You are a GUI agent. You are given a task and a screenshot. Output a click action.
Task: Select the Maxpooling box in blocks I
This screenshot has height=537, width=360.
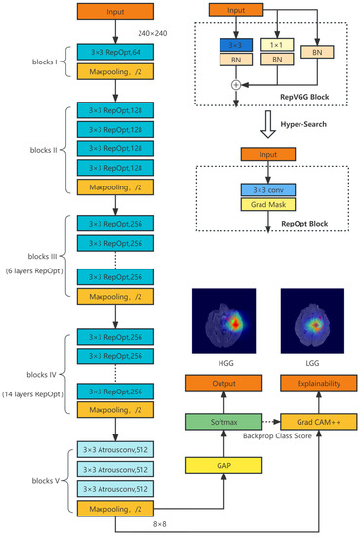coord(114,69)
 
